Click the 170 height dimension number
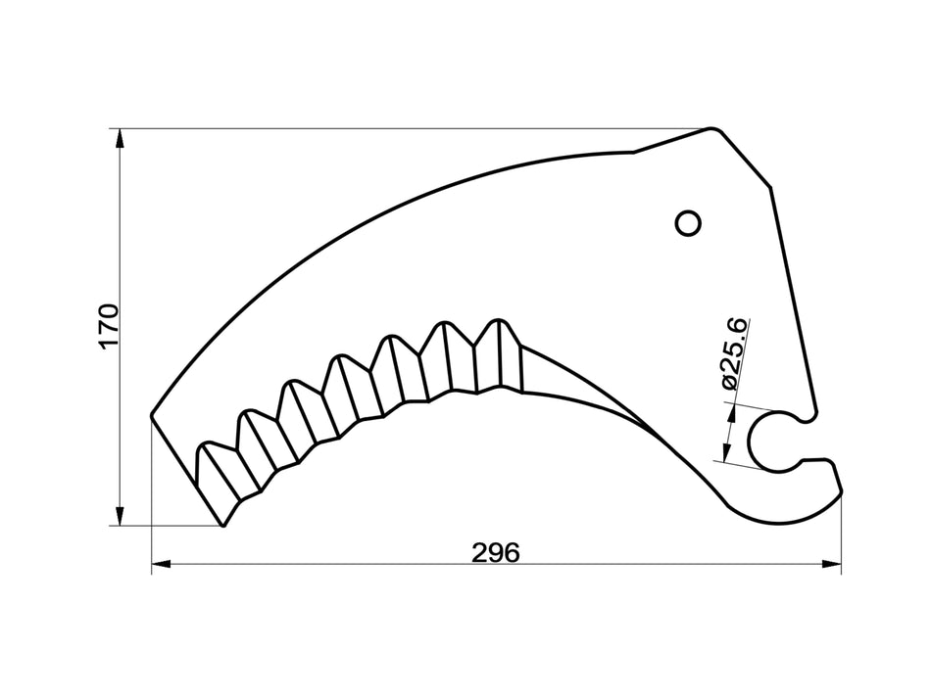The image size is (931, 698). tap(109, 326)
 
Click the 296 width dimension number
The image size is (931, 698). tap(495, 552)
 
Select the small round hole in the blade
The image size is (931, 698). tap(689, 223)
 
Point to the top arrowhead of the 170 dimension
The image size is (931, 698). tap(121, 138)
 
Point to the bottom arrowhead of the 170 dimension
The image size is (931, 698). tap(121, 516)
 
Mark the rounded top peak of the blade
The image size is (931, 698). tap(715, 130)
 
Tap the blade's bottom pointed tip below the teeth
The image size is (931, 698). tap(224, 525)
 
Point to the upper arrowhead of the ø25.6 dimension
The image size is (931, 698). tap(730, 411)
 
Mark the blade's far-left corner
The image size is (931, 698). tap(152, 415)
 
